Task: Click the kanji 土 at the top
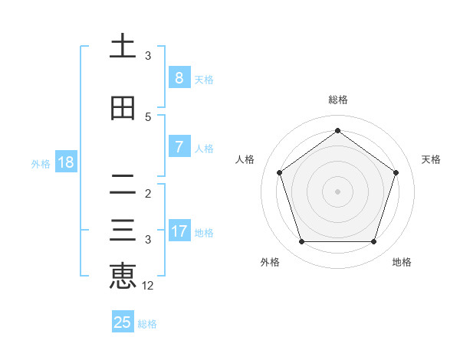tap(123, 47)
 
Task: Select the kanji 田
tap(123, 108)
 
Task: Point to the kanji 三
tap(123, 231)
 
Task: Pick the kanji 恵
tap(123, 277)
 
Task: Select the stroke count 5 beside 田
tap(148, 116)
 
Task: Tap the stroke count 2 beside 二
tap(148, 193)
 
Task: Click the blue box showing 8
tap(179, 78)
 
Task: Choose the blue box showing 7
tap(179, 147)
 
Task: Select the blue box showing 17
tap(179, 231)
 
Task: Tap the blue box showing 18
tap(65, 162)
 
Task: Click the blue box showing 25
tap(123, 322)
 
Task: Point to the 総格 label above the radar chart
tap(337, 100)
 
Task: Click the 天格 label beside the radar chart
tap(431, 159)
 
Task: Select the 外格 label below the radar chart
tap(270, 262)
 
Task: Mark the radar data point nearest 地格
tap(373, 242)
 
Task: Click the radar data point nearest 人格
tap(279, 172)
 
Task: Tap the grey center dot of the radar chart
tap(337, 191)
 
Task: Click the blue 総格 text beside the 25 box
tap(147, 324)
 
